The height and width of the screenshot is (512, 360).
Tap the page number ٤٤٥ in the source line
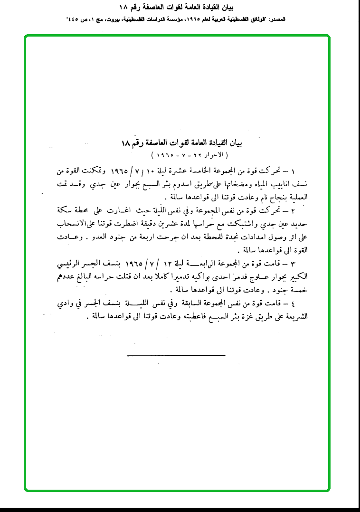74,20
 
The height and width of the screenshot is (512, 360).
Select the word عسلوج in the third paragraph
255,276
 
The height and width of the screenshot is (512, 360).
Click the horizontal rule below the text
182,355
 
